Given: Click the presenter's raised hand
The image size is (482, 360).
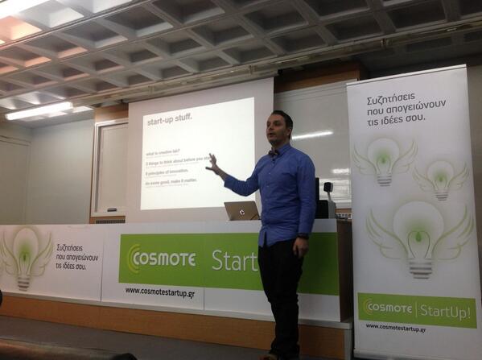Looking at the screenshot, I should (212, 163).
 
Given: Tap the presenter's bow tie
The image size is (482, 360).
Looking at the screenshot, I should (274, 151).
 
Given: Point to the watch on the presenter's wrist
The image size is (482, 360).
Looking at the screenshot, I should (303, 236).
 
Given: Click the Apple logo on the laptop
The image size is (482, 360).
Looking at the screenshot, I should (242, 212).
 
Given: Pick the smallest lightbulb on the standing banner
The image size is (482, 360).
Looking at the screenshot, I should (442, 178).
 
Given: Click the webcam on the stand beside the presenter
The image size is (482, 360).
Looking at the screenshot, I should (328, 187).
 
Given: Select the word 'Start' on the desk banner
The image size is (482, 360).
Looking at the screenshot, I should (234, 259).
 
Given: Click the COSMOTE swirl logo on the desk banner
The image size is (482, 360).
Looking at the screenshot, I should (133, 259).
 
